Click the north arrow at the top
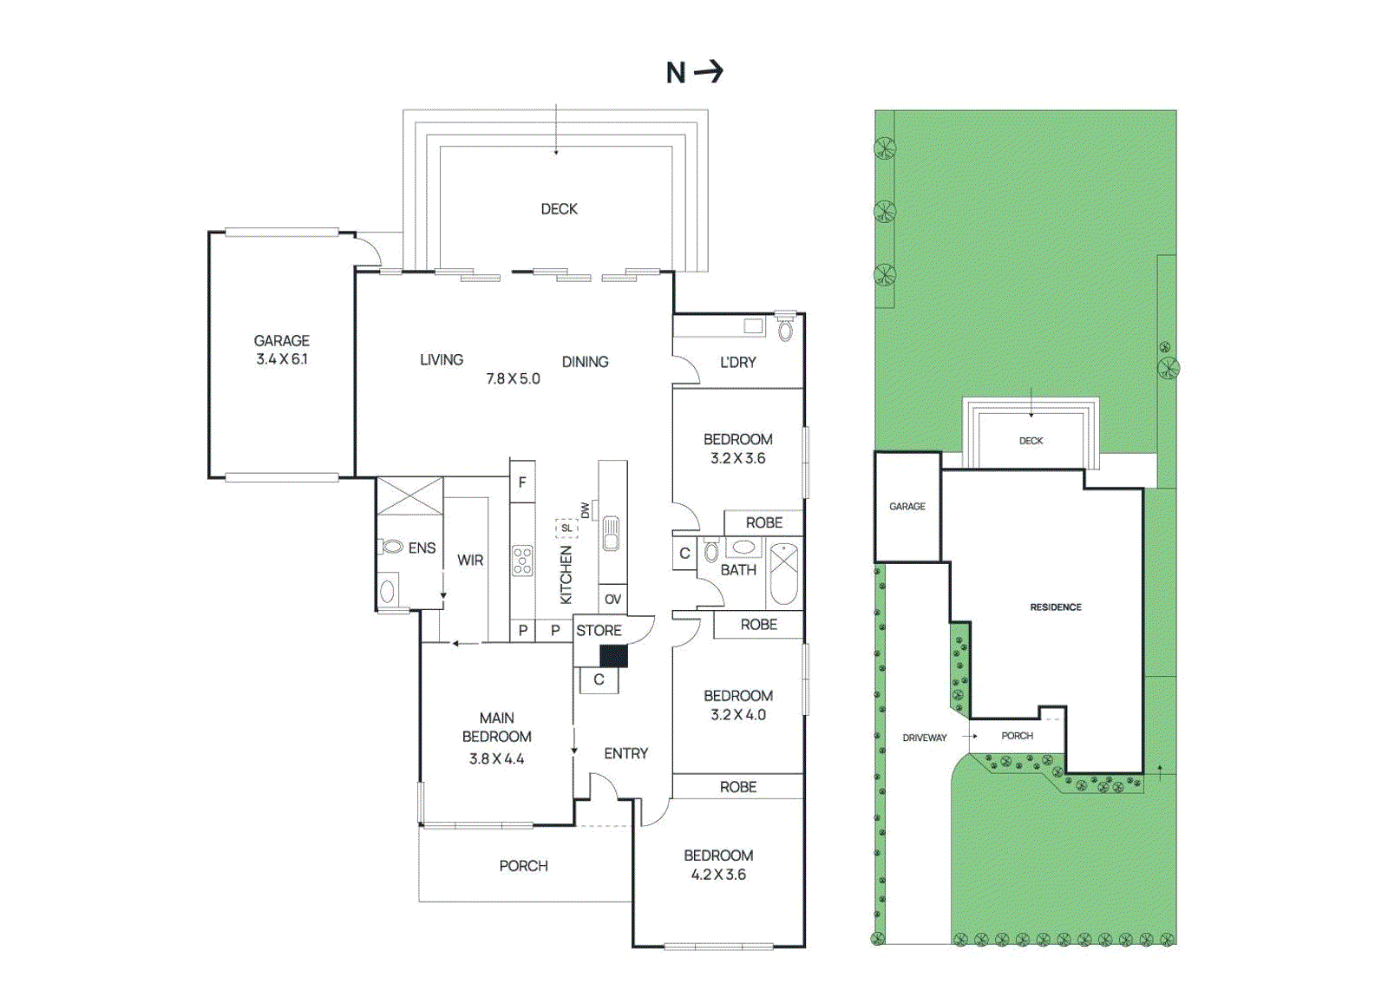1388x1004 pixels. click(709, 71)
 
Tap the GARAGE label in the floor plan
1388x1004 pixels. click(281, 341)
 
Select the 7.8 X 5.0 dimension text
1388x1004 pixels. click(513, 379)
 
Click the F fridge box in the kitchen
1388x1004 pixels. click(521, 482)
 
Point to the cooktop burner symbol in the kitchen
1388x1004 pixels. click(522, 561)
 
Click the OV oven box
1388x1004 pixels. click(612, 599)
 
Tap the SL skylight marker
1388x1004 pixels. click(566, 528)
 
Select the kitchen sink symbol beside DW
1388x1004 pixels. click(611, 533)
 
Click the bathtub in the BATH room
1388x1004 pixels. click(783, 573)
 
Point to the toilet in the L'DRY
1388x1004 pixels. click(786, 329)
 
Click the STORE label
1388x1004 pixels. click(599, 631)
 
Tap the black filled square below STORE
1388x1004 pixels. click(613, 656)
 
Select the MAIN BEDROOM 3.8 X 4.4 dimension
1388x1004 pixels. click(496, 758)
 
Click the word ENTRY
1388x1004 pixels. click(625, 753)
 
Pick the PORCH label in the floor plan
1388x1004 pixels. click(523, 866)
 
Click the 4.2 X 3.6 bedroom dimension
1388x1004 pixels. click(718, 875)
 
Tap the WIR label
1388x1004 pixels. click(470, 561)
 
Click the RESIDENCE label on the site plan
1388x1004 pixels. click(1056, 607)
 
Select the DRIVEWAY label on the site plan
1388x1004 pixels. click(924, 738)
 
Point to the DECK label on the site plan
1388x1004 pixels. click(1031, 441)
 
